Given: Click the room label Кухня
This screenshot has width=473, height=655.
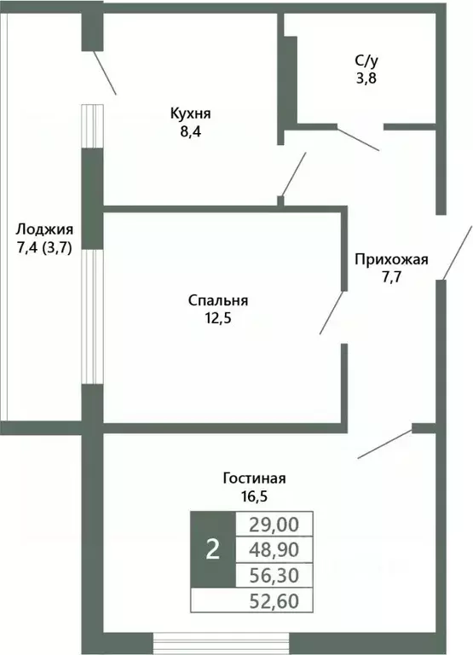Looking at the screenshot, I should click(189, 113).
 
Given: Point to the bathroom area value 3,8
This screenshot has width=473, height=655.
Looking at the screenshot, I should click(366, 78).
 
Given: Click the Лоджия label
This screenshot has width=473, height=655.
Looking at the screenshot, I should click(44, 229).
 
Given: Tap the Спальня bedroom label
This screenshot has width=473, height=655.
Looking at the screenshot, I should click(217, 300).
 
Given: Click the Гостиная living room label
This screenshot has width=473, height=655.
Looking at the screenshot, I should click(249, 478).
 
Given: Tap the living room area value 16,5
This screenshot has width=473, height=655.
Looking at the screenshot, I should click(249, 496).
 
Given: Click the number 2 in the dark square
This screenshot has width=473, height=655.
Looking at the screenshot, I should click(212, 548).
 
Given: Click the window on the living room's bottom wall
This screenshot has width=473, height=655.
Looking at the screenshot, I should click(222, 642).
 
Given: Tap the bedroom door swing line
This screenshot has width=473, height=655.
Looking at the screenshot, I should click(332, 313).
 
